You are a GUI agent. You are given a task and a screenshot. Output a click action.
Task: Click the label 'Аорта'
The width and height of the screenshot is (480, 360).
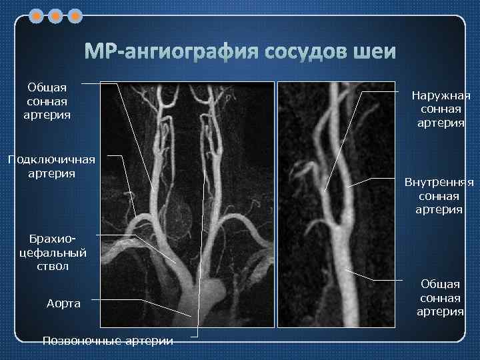(63, 303)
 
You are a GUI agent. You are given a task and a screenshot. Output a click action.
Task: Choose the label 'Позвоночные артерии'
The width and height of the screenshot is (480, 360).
(107, 341)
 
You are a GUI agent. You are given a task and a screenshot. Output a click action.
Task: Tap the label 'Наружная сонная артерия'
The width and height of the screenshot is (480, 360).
(441, 109)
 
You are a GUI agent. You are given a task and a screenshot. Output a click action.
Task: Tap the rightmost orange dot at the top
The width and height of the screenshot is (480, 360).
(75, 14)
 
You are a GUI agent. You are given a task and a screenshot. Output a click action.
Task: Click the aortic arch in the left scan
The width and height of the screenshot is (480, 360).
(200, 293)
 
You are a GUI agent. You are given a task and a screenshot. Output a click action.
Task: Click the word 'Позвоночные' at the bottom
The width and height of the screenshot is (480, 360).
(75, 341)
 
